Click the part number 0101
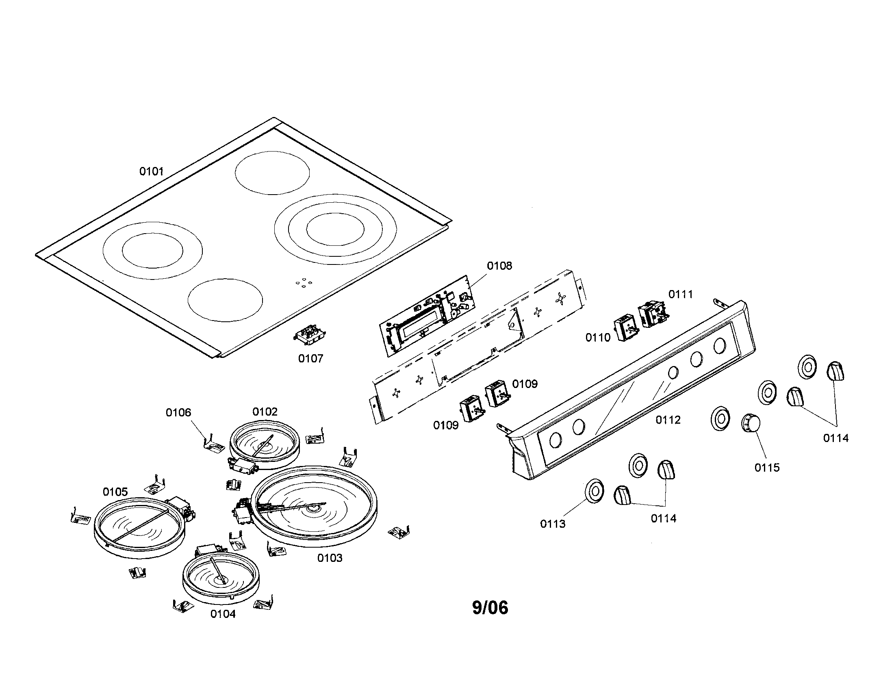[x=151, y=171]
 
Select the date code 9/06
[x=490, y=608]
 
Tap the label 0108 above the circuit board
[x=499, y=266]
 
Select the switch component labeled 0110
[x=626, y=328]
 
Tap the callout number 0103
[x=330, y=558]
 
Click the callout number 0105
[x=115, y=492]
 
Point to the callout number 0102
[x=265, y=412]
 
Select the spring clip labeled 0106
[x=214, y=445]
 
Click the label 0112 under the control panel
[x=668, y=420]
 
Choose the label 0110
[x=598, y=338]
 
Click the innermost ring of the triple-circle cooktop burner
[x=335, y=229]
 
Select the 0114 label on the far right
[x=836, y=438]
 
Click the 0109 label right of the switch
[x=525, y=384]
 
